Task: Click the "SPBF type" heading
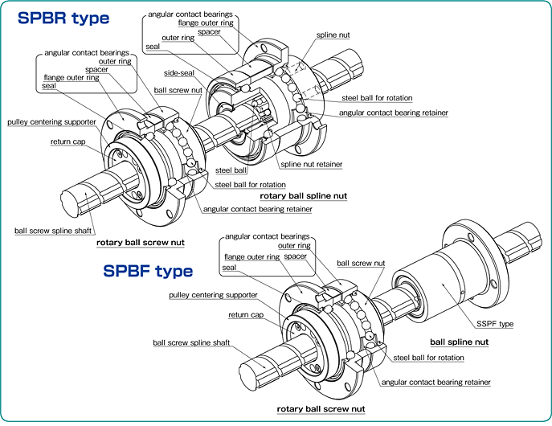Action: pyautogui.click(x=148, y=271)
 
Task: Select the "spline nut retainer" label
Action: pyautogui.click(x=312, y=164)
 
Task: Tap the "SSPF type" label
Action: pyautogui.click(x=494, y=324)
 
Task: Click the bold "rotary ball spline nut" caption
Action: pyautogui.click(x=303, y=195)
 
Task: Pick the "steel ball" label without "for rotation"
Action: pyautogui.click(x=231, y=170)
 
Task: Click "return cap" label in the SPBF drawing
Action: pyautogui.click(x=246, y=315)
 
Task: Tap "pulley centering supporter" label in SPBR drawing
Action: pyautogui.click(x=52, y=122)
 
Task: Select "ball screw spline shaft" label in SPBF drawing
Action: pyautogui.click(x=191, y=342)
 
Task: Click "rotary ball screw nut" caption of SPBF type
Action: pyautogui.click(x=321, y=409)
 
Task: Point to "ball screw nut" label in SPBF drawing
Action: pyautogui.click(x=361, y=263)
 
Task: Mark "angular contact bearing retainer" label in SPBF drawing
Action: pyautogui.click(x=435, y=383)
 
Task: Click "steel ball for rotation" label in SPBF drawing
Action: pyautogui.click(x=428, y=358)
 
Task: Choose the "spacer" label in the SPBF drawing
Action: pyautogui.click(x=295, y=256)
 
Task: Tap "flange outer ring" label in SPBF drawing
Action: pyautogui.click(x=252, y=256)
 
